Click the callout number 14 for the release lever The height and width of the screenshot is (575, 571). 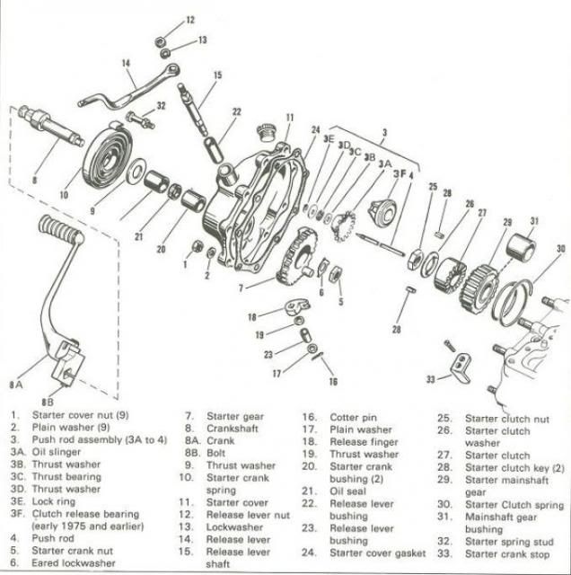pos(127,63)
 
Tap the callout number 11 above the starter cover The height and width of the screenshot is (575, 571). pos(289,118)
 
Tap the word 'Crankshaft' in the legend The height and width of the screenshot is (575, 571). pos(231,429)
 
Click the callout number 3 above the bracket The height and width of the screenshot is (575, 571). pos(384,133)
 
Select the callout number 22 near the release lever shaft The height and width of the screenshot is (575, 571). pos(236,111)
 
